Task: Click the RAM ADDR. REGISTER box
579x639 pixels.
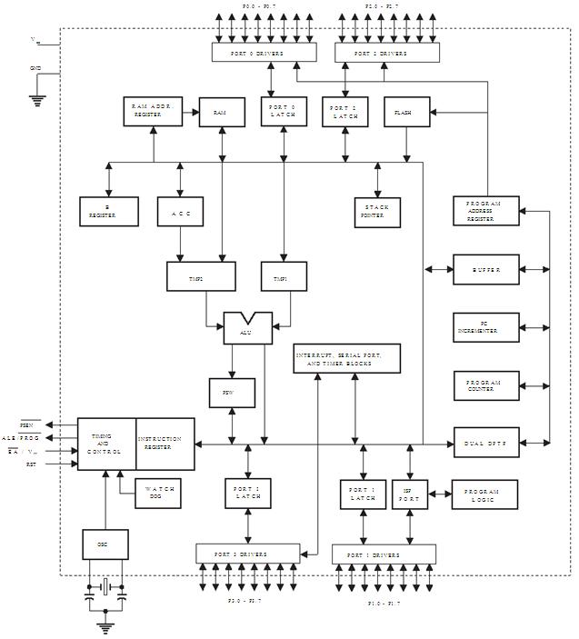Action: click(x=153, y=111)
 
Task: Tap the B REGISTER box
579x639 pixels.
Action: click(x=108, y=211)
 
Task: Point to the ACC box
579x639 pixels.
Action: click(x=180, y=211)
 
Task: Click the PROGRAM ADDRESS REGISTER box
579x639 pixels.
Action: click(x=486, y=211)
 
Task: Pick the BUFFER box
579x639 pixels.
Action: click(x=486, y=270)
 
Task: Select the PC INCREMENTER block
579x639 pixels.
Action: click(x=486, y=328)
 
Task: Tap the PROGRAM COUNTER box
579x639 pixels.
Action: click(x=486, y=385)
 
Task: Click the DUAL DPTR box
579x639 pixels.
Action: click(x=486, y=443)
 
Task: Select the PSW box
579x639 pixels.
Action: click(x=233, y=393)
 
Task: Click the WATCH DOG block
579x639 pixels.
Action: click(x=162, y=493)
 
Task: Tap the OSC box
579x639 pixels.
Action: click(x=105, y=544)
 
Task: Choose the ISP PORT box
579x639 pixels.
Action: click(x=409, y=495)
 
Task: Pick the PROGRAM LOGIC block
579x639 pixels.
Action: click(x=484, y=495)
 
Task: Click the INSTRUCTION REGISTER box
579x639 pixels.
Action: click(x=165, y=444)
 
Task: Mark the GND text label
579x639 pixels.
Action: click(x=35, y=68)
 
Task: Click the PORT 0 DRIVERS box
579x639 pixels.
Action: click(x=264, y=54)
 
